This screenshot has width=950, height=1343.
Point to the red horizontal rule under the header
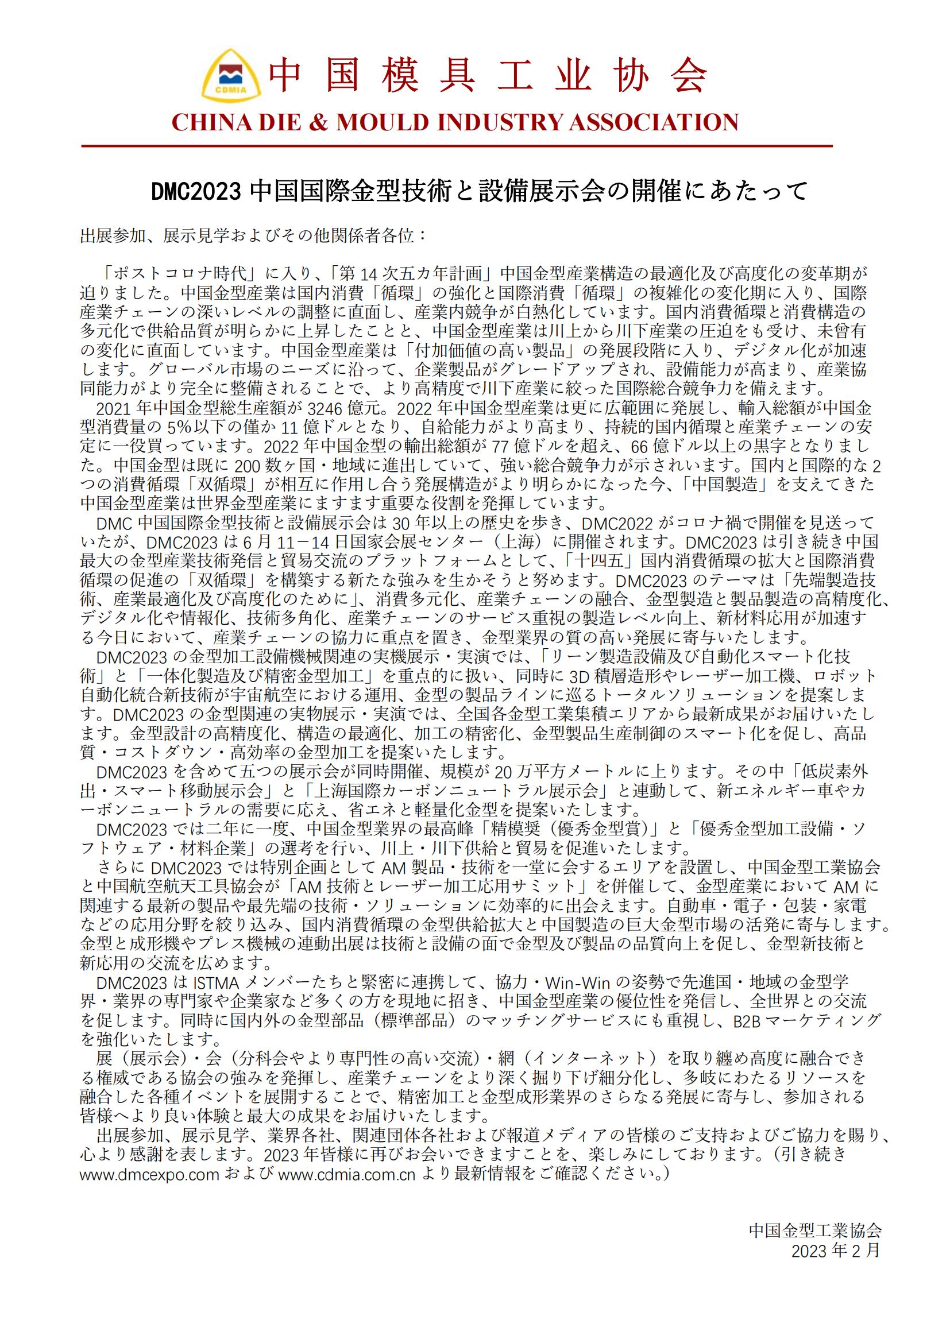456,145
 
